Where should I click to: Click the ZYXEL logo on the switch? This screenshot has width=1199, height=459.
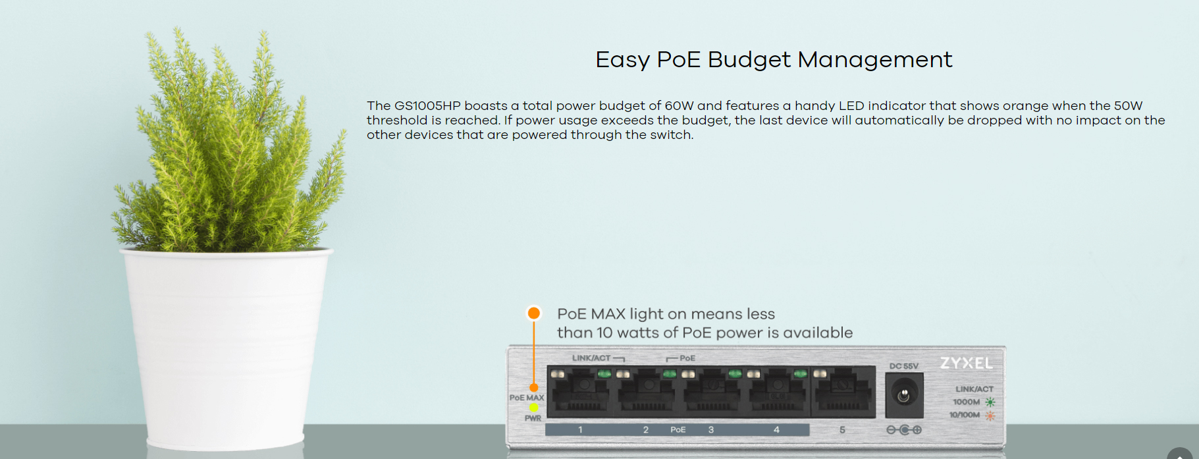click(966, 363)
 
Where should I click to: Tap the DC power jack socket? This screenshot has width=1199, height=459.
click(904, 395)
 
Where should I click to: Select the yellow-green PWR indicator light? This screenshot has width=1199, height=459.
click(533, 408)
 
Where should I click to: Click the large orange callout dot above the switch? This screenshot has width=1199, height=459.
click(534, 313)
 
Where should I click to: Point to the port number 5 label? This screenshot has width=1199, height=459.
click(842, 429)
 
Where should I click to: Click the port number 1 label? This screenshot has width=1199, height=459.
click(580, 429)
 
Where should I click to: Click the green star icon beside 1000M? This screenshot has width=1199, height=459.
click(990, 402)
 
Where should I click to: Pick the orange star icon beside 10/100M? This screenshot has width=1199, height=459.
click(990, 415)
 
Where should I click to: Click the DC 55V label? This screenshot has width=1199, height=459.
click(903, 366)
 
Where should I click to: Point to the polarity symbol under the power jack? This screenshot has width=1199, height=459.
click(904, 430)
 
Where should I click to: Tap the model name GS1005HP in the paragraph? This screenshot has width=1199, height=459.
click(427, 105)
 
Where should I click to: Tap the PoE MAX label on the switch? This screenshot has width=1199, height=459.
click(527, 398)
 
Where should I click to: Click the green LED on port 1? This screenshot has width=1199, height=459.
click(604, 374)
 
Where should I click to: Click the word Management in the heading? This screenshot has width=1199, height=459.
click(875, 60)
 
